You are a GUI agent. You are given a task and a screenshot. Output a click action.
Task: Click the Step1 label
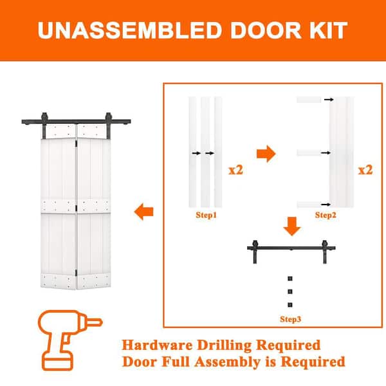point(206,215)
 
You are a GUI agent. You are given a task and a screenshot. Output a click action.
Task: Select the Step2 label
point(326,215)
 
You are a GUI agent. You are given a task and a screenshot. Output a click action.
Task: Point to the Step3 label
point(291,319)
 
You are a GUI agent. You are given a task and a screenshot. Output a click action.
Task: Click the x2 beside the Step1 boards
point(236,170)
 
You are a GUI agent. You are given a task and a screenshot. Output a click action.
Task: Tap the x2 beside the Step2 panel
point(365,170)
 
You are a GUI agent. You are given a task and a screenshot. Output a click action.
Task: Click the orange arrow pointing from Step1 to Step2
point(266,154)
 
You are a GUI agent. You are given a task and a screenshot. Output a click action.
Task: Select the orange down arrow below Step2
point(292,226)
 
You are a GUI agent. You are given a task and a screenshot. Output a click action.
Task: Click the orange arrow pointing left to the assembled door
point(143,212)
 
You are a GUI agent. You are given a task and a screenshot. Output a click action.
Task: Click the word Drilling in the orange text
point(224,345)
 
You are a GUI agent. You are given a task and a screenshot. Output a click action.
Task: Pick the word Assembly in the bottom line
point(227,362)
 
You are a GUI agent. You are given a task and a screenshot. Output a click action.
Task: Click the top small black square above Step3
point(290,279)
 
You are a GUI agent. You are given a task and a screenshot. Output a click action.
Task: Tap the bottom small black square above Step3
point(290,305)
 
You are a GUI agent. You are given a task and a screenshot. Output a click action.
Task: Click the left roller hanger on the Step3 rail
point(255,252)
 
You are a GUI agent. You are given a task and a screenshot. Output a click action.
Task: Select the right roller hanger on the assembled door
point(109,125)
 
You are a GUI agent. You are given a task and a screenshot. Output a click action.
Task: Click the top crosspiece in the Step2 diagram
point(309,100)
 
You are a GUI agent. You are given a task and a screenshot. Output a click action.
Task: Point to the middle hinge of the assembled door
point(76,208)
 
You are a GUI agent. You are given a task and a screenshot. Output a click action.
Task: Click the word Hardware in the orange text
point(157,345)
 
